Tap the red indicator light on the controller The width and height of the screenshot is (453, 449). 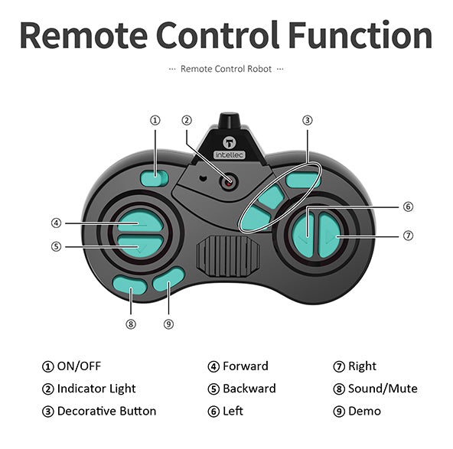(x=229, y=182)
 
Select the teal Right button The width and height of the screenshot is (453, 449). (x=330, y=236)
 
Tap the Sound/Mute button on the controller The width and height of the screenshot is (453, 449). (x=129, y=285)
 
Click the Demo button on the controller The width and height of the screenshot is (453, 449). (x=168, y=279)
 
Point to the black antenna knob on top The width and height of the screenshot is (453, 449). (x=229, y=120)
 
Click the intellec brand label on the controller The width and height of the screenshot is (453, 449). (x=230, y=155)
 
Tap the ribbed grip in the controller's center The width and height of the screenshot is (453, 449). (x=228, y=256)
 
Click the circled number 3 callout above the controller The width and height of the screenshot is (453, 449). (x=308, y=120)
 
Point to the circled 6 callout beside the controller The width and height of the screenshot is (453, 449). (x=408, y=207)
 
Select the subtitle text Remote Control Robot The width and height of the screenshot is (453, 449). (x=226, y=69)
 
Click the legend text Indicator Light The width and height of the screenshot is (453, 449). (x=96, y=389)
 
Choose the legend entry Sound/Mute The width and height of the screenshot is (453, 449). (x=383, y=389)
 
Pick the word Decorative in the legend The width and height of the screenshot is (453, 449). (x=86, y=412)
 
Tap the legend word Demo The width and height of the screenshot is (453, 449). (x=364, y=412)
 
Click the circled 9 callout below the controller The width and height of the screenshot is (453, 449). (x=168, y=324)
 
